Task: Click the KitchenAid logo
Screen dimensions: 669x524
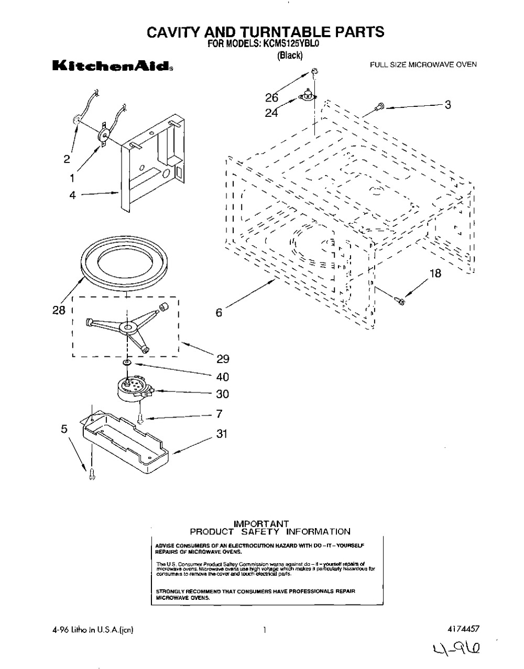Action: (x=112, y=67)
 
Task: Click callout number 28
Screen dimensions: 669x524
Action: (x=58, y=310)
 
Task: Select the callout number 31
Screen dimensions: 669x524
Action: (x=222, y=434)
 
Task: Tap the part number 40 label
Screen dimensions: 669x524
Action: (x=222, y=377)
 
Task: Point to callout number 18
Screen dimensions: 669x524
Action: (x=435, y=273)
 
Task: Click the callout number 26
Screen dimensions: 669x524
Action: (x=271, y=97)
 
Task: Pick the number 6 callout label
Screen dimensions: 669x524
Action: (x=219, y=313)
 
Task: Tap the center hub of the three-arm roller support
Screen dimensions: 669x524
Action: (x=126, y=328)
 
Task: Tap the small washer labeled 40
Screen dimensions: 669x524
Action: (x=126, y=363)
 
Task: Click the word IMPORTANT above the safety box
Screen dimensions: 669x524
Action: (x=261, y=523)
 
